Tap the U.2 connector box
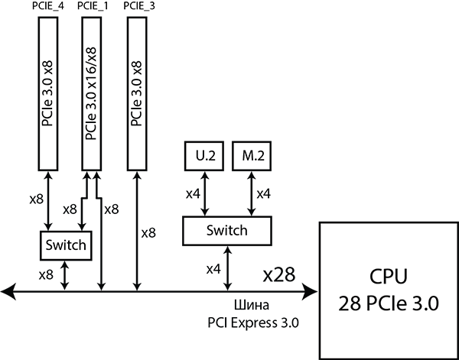204,156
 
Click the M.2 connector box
252,156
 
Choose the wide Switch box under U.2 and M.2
227,231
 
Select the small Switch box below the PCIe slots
65,246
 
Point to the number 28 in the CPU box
349,303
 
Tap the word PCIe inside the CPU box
386,303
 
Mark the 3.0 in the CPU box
424,303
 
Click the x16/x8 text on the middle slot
92,64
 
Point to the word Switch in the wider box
227,231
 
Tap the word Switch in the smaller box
65,246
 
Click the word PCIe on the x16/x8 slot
92,129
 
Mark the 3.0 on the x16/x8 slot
92,103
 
